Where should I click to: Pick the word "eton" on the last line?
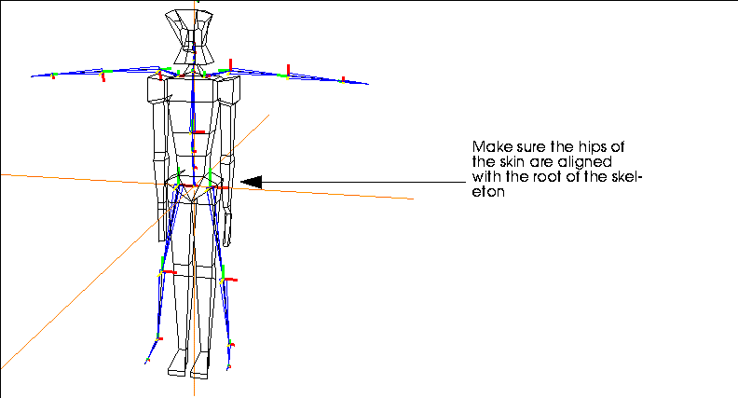coord(488,192)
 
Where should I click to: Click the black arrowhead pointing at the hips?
coord(252,182)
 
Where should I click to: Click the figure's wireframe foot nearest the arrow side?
coord(199,365)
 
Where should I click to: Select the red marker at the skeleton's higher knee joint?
coord(170,272)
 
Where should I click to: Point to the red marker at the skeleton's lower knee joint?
coord(231,280)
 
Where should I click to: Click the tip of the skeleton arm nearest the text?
coord(368,84)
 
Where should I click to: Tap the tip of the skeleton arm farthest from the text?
coord(32,75)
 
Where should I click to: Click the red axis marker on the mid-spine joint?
coord(199,132)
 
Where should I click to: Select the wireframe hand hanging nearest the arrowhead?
coord(227,229)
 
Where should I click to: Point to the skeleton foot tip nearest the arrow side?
coord(228,368)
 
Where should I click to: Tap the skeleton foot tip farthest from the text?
coord(146,363)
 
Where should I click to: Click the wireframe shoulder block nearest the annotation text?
coord(228,90)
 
